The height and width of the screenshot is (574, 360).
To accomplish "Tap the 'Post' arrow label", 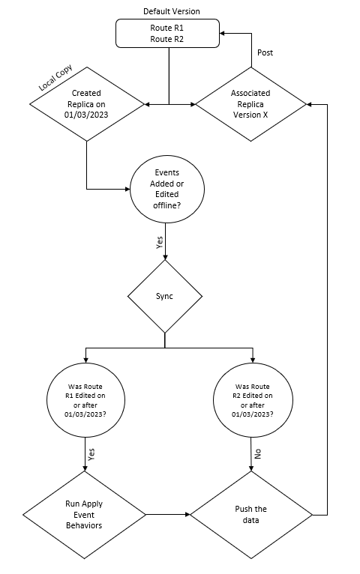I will point(265,53).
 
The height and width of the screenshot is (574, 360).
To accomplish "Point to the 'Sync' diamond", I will point(165,296).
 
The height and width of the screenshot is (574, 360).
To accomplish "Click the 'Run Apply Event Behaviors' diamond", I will point(84,515).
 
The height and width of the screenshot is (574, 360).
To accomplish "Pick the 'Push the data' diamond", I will point(250,515).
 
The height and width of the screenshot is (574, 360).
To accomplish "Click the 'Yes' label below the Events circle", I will point(158,243).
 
